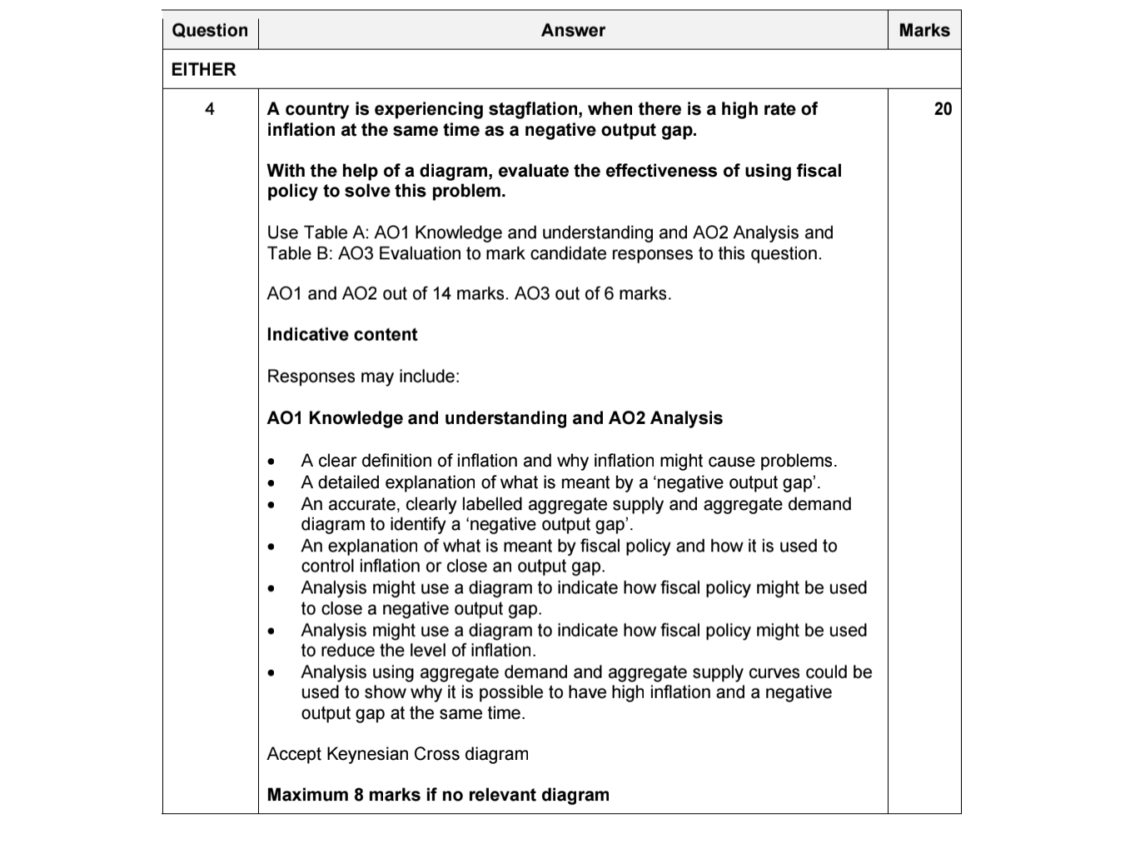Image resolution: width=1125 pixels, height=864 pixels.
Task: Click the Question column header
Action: coord(210,31)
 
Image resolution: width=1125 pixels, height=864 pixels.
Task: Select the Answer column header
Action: coord(573,31)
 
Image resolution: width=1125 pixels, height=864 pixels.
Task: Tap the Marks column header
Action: coord(924,31)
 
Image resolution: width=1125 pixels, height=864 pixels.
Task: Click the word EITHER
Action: coord(204,70)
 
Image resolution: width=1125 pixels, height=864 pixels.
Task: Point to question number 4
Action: coord(210,109)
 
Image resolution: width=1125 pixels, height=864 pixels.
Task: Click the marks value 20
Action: coord(943,109)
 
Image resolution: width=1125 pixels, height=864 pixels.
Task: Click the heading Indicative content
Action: coord(342,335)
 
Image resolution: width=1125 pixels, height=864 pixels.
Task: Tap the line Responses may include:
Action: coord(363,377)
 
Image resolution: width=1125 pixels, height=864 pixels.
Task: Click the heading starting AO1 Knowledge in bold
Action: coord(495,418)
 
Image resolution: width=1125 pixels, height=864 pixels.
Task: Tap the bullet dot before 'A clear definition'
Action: coord(271,462)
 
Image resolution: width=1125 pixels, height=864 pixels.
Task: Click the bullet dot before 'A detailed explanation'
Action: coord(271,483)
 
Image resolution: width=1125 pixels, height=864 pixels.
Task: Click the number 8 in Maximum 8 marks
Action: coord(359,795)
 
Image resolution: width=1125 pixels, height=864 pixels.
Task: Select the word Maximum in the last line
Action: coord(307,795)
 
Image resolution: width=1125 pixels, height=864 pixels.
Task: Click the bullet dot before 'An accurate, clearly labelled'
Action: coord(271,505)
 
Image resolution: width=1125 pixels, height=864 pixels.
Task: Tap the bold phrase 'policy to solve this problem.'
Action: coord(386,191)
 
